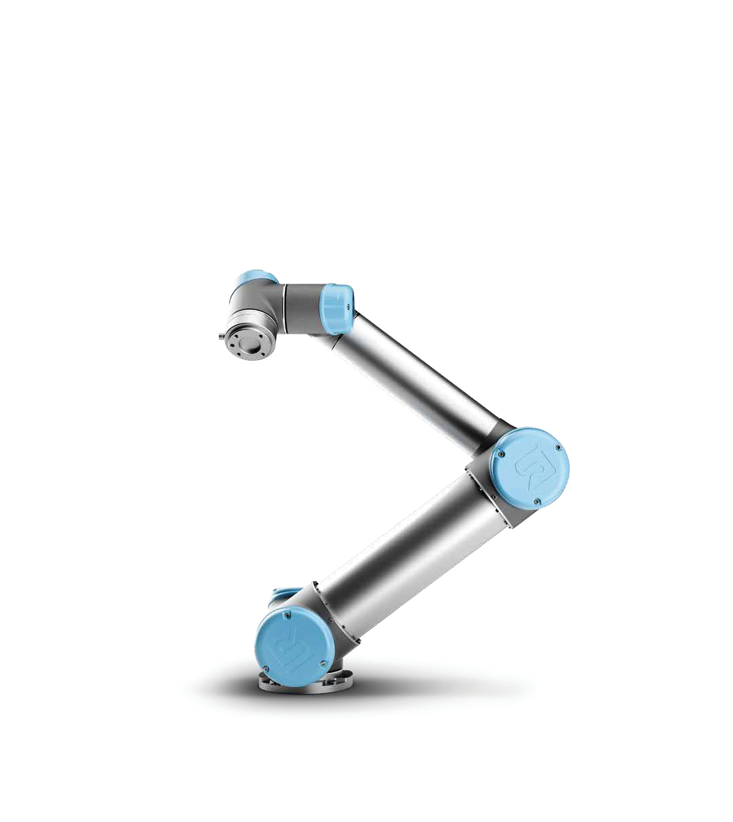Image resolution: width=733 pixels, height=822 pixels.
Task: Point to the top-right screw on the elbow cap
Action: [x=557, y=447]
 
